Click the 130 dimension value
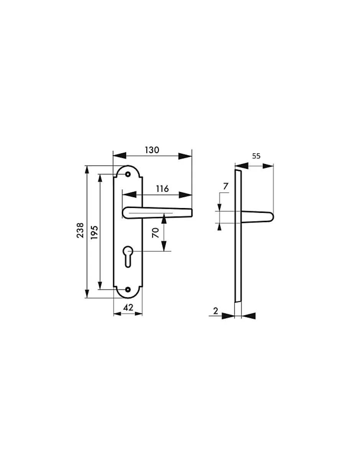pos(152,150)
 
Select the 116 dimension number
pos(162,189)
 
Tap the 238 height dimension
pos(80,230)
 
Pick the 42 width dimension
pos(128,307)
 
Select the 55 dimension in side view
pos(256,156)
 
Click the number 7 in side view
pos(226,187)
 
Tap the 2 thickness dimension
pos(216,311)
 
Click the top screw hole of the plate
pos(128,175)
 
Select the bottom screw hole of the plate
pos(128,290)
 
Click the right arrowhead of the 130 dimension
pos(185,156)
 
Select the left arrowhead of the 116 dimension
pos(128,195)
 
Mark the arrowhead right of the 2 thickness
pos(249,316)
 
